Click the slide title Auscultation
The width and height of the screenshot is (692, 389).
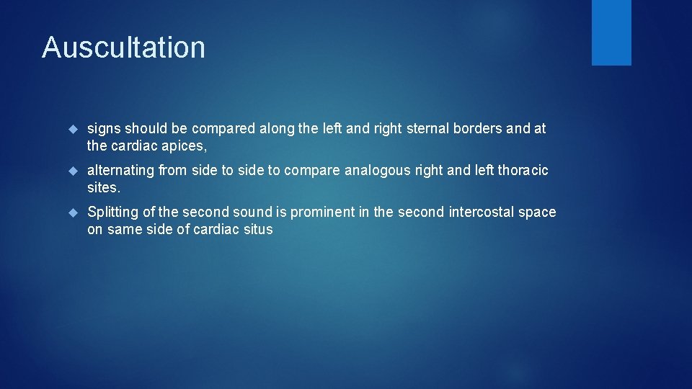pos(123,48)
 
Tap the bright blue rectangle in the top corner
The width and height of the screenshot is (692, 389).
pos(611,32)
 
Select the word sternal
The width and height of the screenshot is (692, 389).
pos(430,129)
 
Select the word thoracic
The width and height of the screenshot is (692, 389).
pos(523,171)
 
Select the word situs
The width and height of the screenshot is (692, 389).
pos(258,230)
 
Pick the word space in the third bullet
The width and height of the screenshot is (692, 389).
pos(539,213)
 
